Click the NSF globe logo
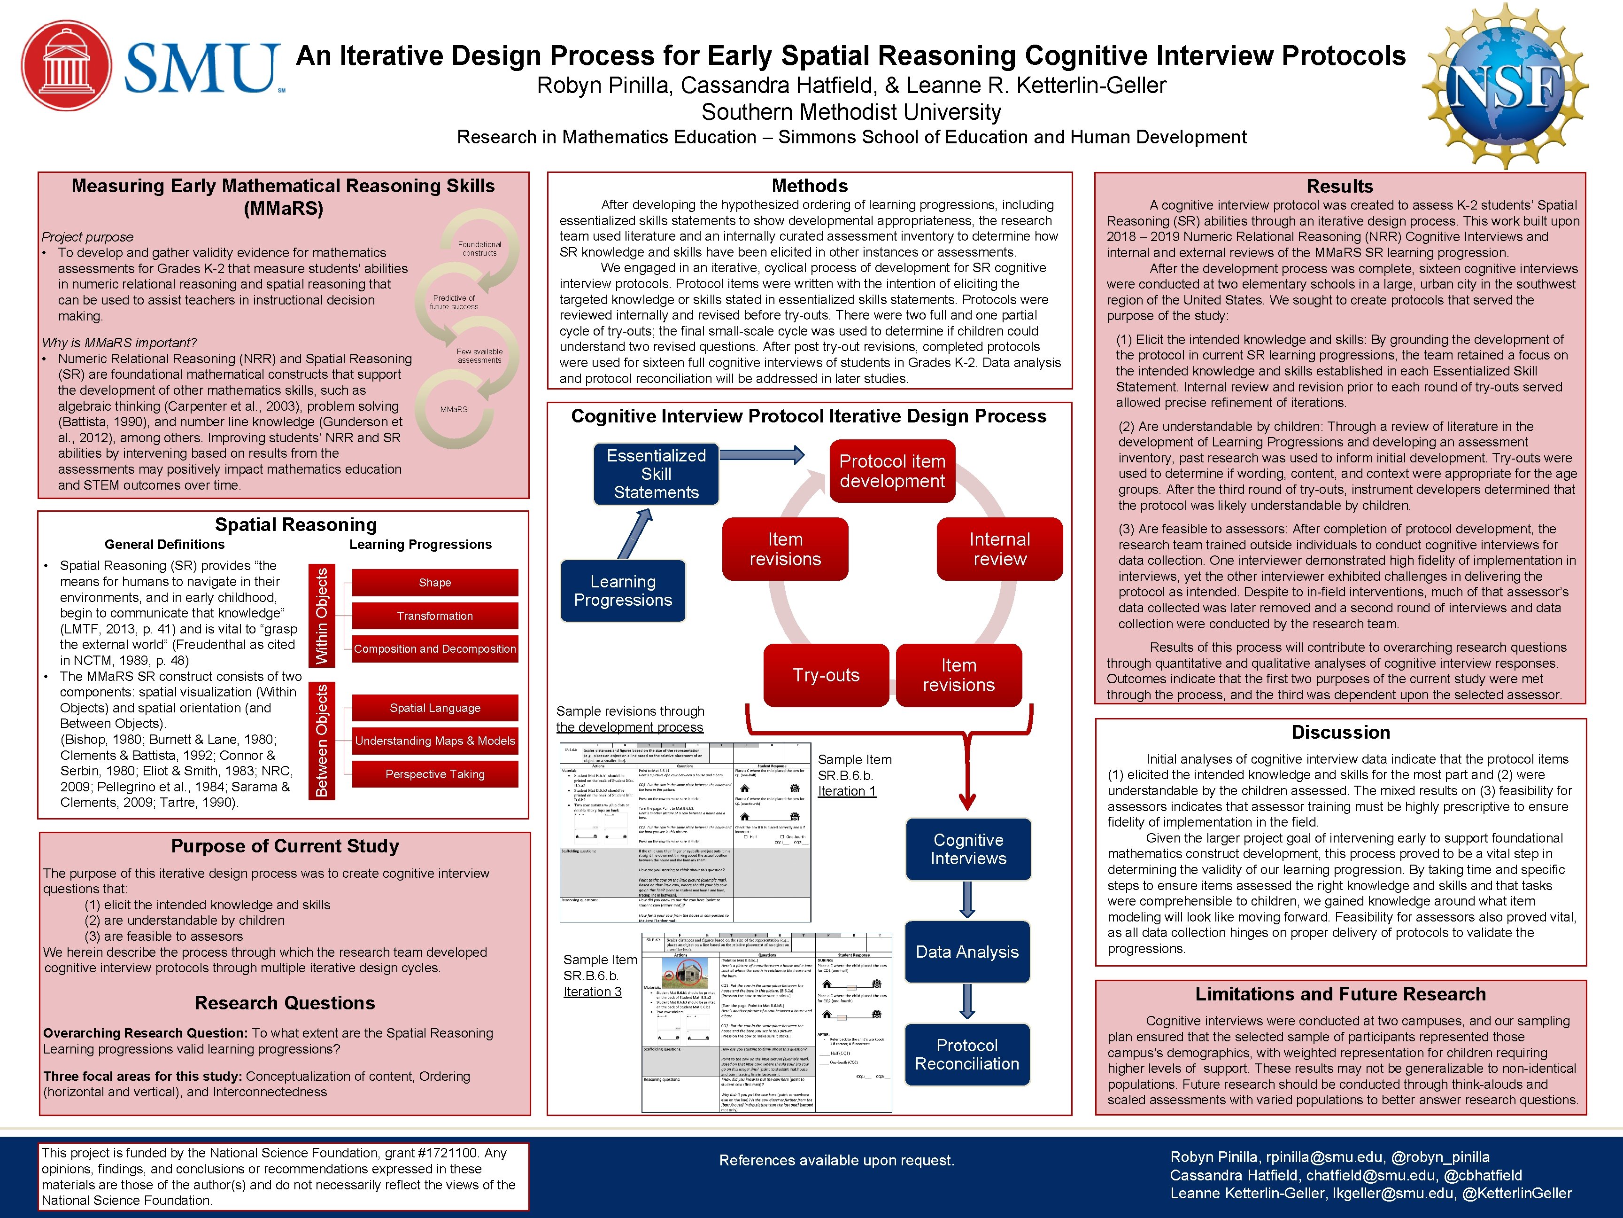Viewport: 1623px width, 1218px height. click(1506, 86)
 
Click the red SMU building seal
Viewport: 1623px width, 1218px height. click(67, 65)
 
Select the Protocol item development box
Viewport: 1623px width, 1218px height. click(892, 471)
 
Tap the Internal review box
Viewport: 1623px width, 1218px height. click(999, 549)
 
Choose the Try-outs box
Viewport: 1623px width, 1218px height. click(826, 675)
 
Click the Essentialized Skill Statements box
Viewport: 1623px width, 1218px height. click(656, 474)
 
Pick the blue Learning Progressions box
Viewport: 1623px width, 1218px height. click(623, 591)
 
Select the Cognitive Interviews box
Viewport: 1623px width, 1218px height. click(968, 850)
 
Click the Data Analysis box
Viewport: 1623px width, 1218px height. click(967, 952)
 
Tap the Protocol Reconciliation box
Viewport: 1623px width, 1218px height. click(967, 1055)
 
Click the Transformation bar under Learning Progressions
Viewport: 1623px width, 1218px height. click(435, 616)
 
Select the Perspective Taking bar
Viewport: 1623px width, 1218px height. click(435, 774)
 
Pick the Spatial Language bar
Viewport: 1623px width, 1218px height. click(435, 709)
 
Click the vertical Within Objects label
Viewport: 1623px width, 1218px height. click(322, 617)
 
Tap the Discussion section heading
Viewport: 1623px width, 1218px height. click(1340, 733)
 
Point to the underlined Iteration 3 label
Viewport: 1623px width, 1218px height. click(592, 992)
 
